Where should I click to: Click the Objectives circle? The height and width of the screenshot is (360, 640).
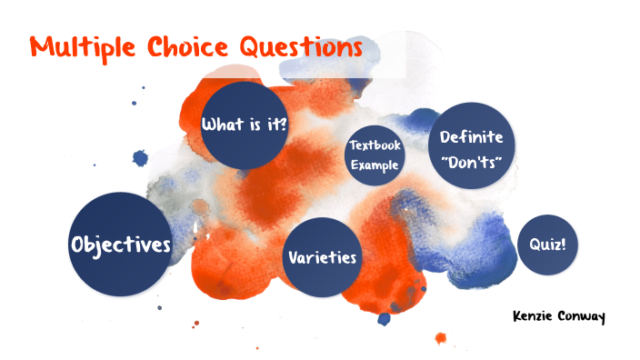click(120, 245)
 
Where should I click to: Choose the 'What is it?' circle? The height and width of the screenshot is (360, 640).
click(244, 125)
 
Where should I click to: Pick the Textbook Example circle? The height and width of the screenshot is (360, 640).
click(375, 155)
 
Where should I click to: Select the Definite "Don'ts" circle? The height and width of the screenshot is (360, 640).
click(471, 148)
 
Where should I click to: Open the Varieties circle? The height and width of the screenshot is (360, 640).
click(322, 258)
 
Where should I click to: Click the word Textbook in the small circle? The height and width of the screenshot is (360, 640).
click(375, 145)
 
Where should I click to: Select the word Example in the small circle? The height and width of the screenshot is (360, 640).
click(375, 165)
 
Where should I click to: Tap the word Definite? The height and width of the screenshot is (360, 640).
click(472, 137)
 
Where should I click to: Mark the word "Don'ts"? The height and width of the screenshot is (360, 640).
click(471, 159)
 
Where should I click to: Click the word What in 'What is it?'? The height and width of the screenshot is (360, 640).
click(221, 125)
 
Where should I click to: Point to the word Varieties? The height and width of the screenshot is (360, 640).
click(322, 258)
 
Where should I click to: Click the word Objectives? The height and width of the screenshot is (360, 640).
click(120, 245)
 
